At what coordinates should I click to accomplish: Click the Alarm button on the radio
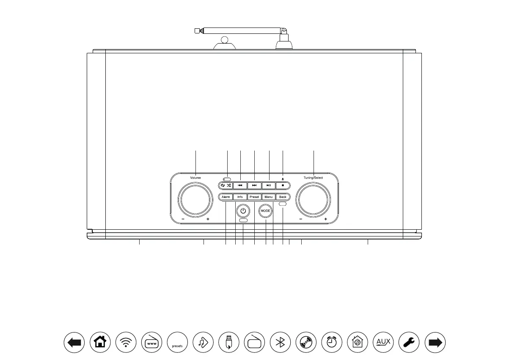point(226,197)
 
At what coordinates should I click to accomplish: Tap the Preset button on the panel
point(254,197)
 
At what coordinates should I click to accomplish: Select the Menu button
point(268,197)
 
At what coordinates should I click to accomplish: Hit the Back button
point(283,197)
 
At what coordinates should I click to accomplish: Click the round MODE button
point(265,210)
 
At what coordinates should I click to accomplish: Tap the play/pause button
point(269,185)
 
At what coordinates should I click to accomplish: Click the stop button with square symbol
point(283,185)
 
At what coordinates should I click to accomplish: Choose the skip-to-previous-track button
point(240,185)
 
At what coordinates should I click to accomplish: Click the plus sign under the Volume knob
point(208,220)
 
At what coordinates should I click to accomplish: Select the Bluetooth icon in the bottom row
point(280,342)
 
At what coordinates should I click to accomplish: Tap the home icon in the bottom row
point(100,342)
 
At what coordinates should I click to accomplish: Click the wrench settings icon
point(409,342)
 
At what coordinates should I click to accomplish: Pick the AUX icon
point(384,342)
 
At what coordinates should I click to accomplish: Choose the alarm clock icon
point(332,342)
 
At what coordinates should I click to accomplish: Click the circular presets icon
point(177,342)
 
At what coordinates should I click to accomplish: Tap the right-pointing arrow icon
point(435,342)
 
